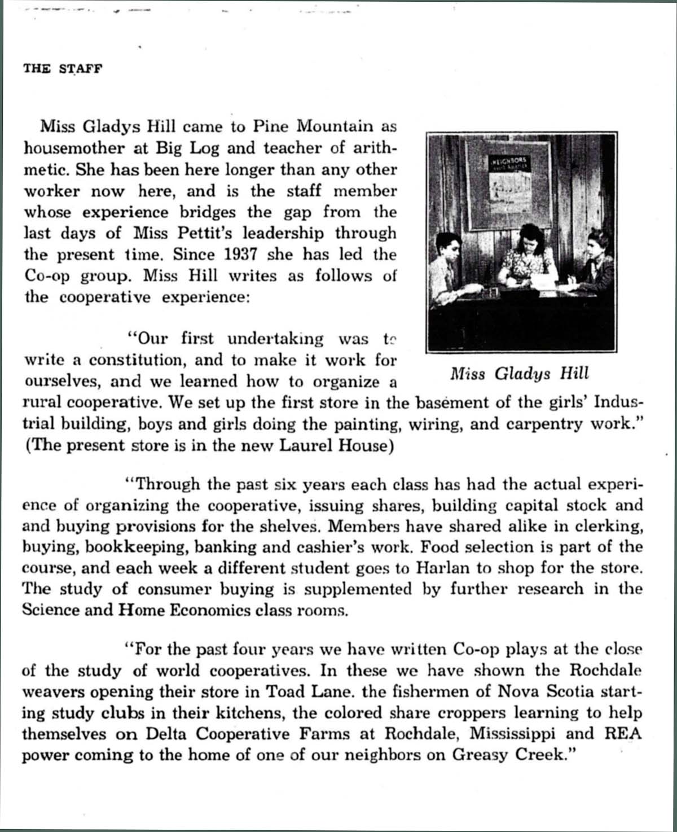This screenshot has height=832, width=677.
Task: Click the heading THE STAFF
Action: [x=63, y=69]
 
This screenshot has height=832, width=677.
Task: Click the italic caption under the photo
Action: [x=519, y=374]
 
